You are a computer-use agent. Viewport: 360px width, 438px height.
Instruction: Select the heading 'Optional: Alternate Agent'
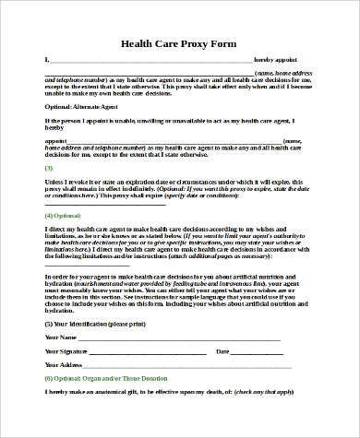(x=81, y=106)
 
